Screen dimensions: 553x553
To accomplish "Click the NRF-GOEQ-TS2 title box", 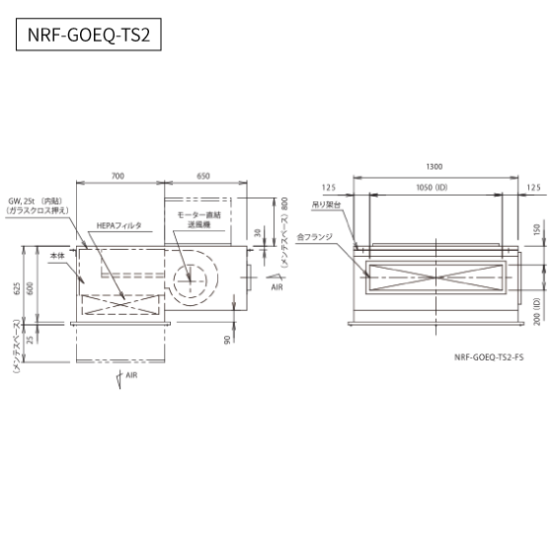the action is point(89,35).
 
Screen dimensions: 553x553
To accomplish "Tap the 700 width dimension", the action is point(118,176).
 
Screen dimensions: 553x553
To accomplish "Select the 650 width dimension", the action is point(203,176).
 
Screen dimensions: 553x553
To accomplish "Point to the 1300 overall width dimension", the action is point(434,167).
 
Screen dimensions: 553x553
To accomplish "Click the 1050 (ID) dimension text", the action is point(433,188).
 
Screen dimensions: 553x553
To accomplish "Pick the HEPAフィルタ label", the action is point(118,226).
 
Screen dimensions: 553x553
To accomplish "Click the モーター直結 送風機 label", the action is point(198,219).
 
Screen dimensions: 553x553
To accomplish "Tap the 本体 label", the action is point(57,256).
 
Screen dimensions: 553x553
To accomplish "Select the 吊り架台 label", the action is point(326,204).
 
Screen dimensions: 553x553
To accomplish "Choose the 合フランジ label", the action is point(315,237).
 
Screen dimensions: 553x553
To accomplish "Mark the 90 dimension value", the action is point(227,340).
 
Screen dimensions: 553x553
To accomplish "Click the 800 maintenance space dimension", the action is point(284,203).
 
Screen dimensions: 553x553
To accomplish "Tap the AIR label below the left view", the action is point(131,375).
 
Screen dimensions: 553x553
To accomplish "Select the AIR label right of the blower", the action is point(277,287).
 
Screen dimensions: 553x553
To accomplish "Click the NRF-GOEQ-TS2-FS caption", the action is point(489,357).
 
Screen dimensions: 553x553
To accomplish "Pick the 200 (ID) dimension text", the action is point(537,312).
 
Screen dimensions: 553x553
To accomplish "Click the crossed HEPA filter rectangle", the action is point(120,305).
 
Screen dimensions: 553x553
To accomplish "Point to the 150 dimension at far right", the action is point(537,229).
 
